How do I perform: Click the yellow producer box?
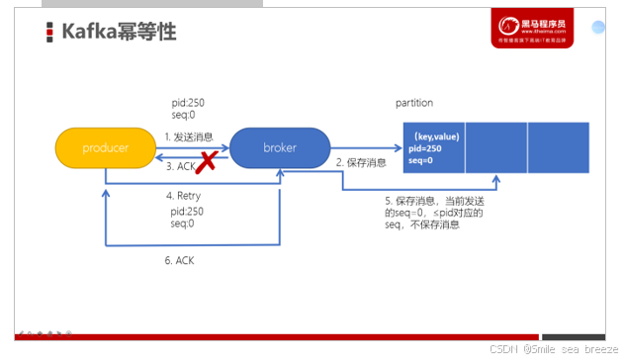click(x=105, y=147)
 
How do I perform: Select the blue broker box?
click(x=280, y=147)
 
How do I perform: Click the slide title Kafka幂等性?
click(x=119, y=32)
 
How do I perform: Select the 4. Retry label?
click(x=183, y=196)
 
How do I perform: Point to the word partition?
click(x=414, y=103)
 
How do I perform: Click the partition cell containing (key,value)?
click(x=434, y=147)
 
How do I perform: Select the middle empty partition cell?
click(x=496, y=147)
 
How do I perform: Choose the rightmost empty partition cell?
click(x=559, y=147)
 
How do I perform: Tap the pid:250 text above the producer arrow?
click(x=187, y=102)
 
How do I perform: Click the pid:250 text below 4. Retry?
click(x=187, y=211)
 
